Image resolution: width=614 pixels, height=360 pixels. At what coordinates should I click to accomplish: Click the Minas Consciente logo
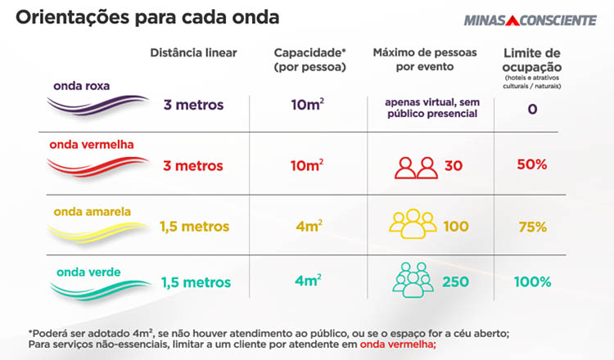[x=530, y=20]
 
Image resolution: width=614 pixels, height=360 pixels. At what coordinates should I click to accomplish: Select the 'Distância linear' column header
[x=193, y=53]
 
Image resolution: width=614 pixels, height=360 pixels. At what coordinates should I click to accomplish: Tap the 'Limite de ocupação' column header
[x=532, y=59]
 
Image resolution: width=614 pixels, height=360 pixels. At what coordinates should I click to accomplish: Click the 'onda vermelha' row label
[x=92, y=145]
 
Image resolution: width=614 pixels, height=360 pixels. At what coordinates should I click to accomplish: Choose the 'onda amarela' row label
[x=92, y=211]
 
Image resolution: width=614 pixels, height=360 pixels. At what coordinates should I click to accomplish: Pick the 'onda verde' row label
[x=84, y=272]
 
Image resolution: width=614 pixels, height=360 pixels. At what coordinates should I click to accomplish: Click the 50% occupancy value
[x=532, y=164]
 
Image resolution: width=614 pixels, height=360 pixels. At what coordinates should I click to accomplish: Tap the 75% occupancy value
[x=532, y=227]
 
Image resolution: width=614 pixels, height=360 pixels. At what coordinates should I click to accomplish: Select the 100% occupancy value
[x=532, y=282]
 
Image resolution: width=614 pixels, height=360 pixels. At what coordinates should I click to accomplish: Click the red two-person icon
[x=416, y=166]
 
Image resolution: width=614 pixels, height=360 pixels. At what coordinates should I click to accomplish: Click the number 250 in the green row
[x=455, y=282]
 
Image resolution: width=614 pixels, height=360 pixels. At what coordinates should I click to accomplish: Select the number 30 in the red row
[x=454, y=166]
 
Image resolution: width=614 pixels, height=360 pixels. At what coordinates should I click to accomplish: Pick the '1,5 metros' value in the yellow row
[x=195, y=227]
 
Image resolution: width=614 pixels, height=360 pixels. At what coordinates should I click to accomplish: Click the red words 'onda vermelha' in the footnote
[x=397, y=344]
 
